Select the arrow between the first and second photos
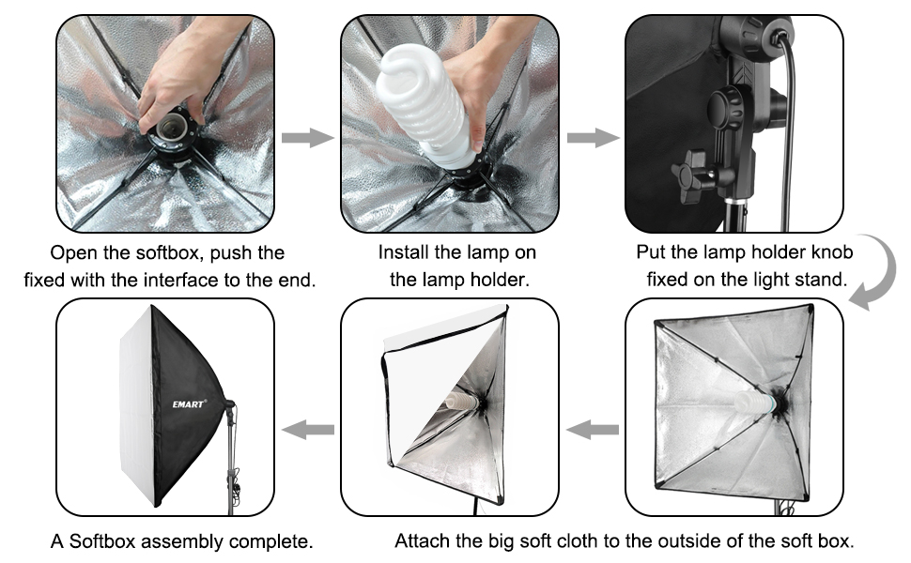pos(307,138)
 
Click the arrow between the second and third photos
pos(593,138)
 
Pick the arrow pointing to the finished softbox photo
pos(309,430)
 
